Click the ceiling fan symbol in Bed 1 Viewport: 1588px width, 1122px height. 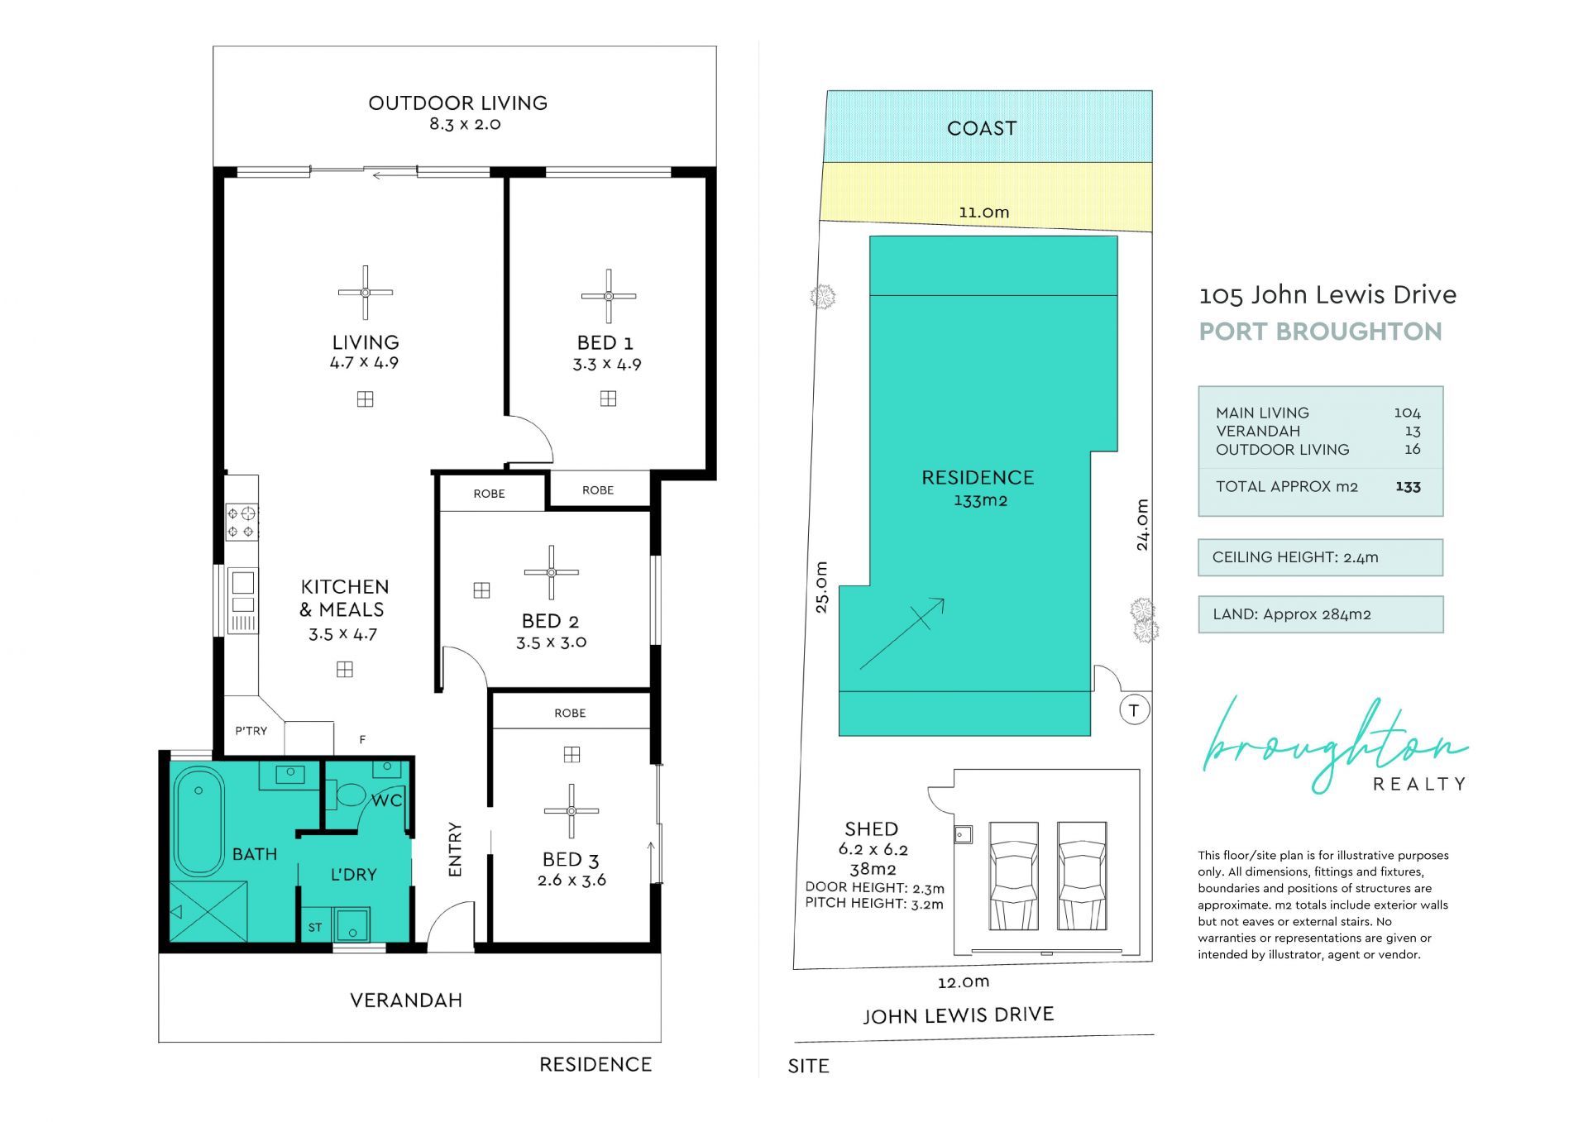[608, 296]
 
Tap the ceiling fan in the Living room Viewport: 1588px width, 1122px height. [365, 292]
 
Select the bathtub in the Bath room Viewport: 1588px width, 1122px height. [198, 821]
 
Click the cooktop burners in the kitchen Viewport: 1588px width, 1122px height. [241, 522]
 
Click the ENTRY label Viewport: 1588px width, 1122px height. [455, 849]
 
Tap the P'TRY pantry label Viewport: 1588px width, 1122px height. [251, 731]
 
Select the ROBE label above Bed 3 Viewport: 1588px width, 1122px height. [570, 713]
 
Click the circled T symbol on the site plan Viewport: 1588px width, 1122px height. [1134, 710]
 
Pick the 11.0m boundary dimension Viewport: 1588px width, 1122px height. [983, 212]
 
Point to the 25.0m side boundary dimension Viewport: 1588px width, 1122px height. [821, 587]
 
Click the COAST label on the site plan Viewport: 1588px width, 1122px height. [982, 128]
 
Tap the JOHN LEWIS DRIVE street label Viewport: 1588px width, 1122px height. [959, 1015]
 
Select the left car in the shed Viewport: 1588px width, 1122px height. [1013, 876]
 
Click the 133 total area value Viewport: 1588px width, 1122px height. [1408, 487]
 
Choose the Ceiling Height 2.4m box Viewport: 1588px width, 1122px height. [1320, 557]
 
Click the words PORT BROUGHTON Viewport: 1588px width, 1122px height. [1320, 332]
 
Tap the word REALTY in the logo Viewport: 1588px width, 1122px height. [1419, 784]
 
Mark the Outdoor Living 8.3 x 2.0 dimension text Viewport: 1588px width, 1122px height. [465, 124]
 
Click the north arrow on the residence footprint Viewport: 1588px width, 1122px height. [902, 633]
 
